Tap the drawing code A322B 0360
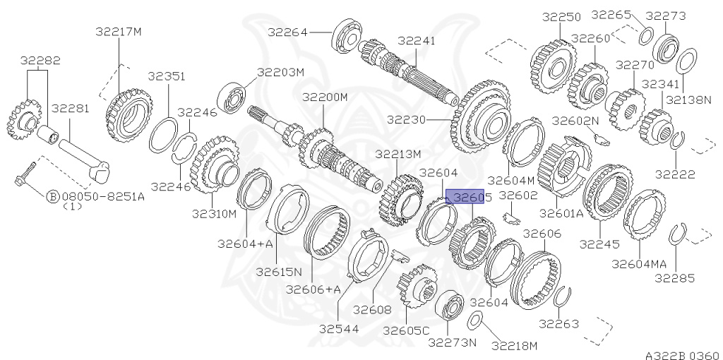682,354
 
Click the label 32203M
280,72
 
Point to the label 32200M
325,97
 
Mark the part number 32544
337,329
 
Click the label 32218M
514,345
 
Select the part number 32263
558,324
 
